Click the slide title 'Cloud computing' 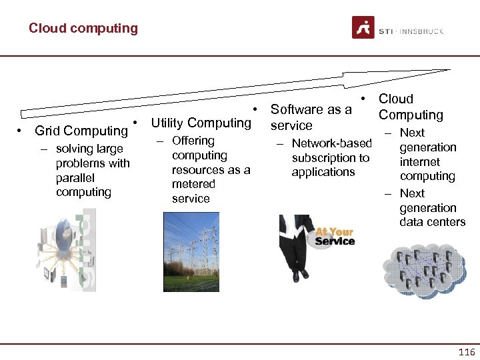[x=83, y=28]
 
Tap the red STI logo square [x=363, y=28]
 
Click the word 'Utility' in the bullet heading [x=167, y=123]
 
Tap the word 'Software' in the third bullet [x=296, y=109]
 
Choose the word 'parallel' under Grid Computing [x=75, y=178]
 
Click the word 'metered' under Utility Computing [x=193, y=184]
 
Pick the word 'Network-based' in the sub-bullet [x=331, y=143]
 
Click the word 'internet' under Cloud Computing [x=420, y=162]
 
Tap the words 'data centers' [x=432, y=222]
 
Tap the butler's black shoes [x=299, y=273]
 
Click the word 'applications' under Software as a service [x=323, y=172]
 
